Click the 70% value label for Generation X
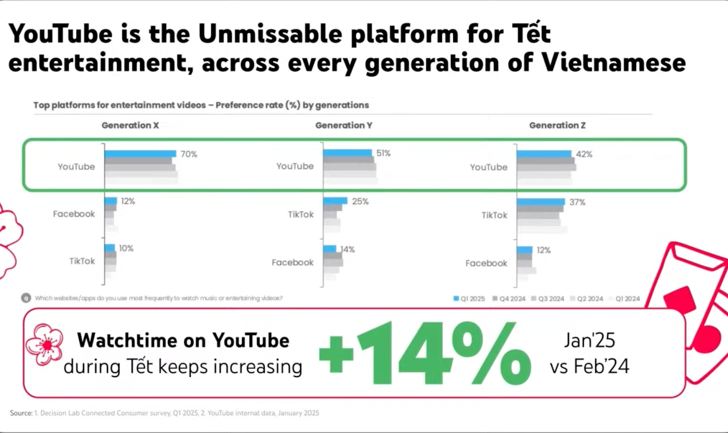[x=189, y=154]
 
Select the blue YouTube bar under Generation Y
[x=348, y=153]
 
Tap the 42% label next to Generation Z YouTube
[x=584, y=154]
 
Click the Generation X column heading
[x=130, y=126]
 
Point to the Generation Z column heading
[x=557, y=126]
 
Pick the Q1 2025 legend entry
[x=469, y=298]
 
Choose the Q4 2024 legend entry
[x=509, y=298]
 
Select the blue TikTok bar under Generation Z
[x=541, y=202]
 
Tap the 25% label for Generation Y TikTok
[x=360, y=201]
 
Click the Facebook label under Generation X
[x=74, y=214]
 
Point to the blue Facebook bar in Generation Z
[x=525, y=250]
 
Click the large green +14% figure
[x=425, y=353]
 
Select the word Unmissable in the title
[x=270, y=34]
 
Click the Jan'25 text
[x=590, y=340]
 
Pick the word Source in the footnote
[x=21, y=413]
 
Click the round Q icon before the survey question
[x=26, y=298]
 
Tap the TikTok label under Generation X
[x=82, y=261]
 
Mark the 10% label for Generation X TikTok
[x=126, y=248]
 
